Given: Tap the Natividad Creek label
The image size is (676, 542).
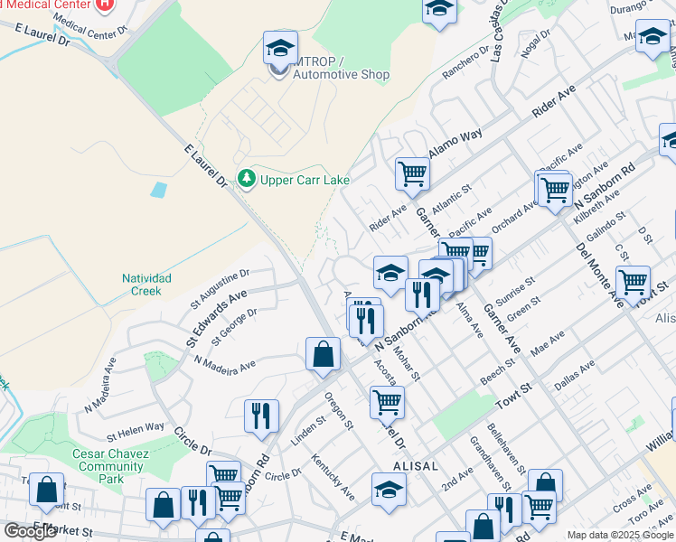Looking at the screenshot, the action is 142,285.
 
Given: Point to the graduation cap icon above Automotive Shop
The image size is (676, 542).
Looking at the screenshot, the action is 280,46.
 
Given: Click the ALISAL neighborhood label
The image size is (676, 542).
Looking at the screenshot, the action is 416,466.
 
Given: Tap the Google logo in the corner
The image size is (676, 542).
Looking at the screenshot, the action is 30,531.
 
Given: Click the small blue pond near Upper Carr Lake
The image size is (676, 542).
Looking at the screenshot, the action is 160,191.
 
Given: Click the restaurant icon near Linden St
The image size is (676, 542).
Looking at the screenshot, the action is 260,416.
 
